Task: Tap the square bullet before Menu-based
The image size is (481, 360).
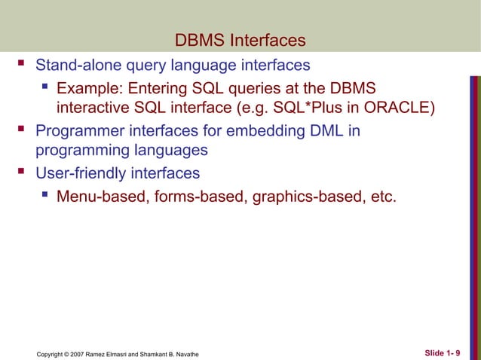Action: [45, 197]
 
